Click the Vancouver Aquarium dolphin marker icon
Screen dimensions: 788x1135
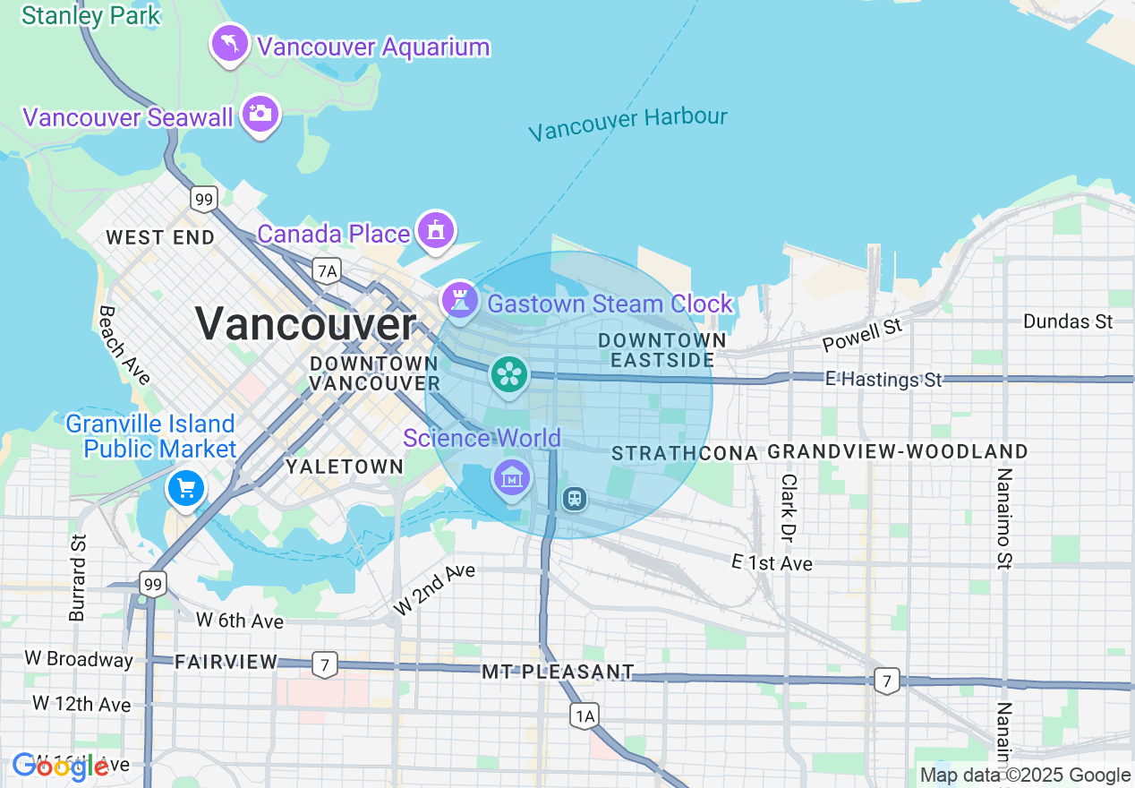(229, 43)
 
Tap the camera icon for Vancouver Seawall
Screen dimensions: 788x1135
(260, 114)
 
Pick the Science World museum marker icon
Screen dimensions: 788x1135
(511, 478)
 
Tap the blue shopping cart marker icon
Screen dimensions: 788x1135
(186, 489)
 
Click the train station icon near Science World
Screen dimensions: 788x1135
(574, 498)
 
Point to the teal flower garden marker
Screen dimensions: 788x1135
(509, 374)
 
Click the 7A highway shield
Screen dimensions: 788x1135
(327, 270)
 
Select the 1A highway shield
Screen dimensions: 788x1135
(585, 715)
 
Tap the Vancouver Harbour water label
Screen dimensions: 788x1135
(627, 124)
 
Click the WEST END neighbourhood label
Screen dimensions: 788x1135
(160, 237)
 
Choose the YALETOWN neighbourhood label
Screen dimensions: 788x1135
(345, 467)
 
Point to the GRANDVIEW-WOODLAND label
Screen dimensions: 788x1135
(898, 452)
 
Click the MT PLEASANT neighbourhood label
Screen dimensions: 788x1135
(558, 672)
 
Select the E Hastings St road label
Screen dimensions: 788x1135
(883, 380)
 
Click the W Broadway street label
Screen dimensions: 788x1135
(79, 659)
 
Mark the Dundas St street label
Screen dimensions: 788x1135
(1067, 321)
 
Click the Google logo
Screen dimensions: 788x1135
(60, 767)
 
